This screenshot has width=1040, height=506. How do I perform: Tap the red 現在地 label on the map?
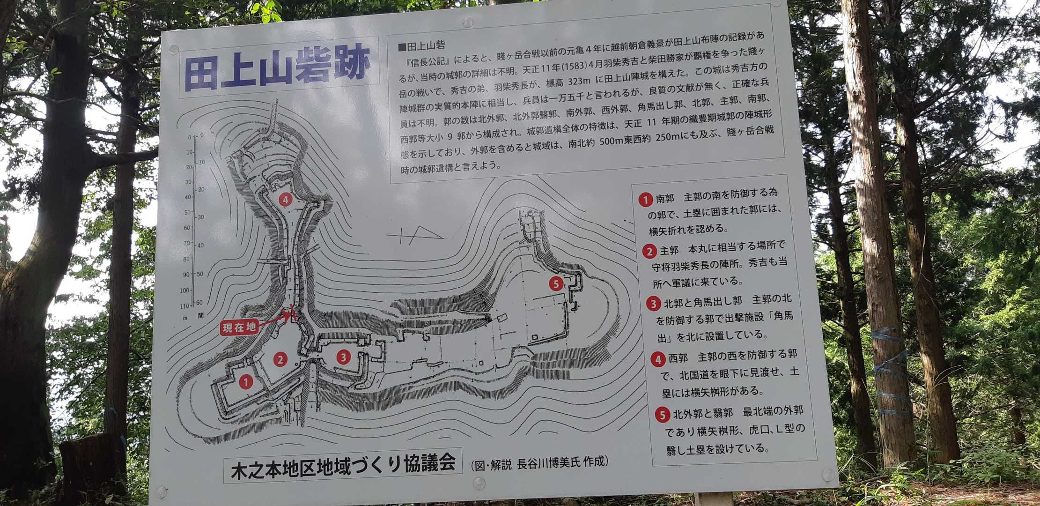[239, 327]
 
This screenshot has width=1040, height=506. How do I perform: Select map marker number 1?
[246, 382]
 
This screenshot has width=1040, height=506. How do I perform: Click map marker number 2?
[280, 359]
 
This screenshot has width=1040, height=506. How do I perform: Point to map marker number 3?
[343, 357]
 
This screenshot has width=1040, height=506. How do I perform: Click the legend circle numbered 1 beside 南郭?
[645, 200]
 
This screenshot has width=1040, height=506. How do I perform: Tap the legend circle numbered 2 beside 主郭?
[649, 252]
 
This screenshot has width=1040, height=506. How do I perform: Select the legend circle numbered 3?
[653, 304]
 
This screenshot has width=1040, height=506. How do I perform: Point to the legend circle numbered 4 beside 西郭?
[658, 360]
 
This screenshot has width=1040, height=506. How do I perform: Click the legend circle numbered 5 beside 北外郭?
[662, 415]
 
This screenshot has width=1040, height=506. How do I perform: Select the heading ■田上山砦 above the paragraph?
[421, 46]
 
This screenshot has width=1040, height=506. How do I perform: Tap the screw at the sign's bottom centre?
[479, 483]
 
